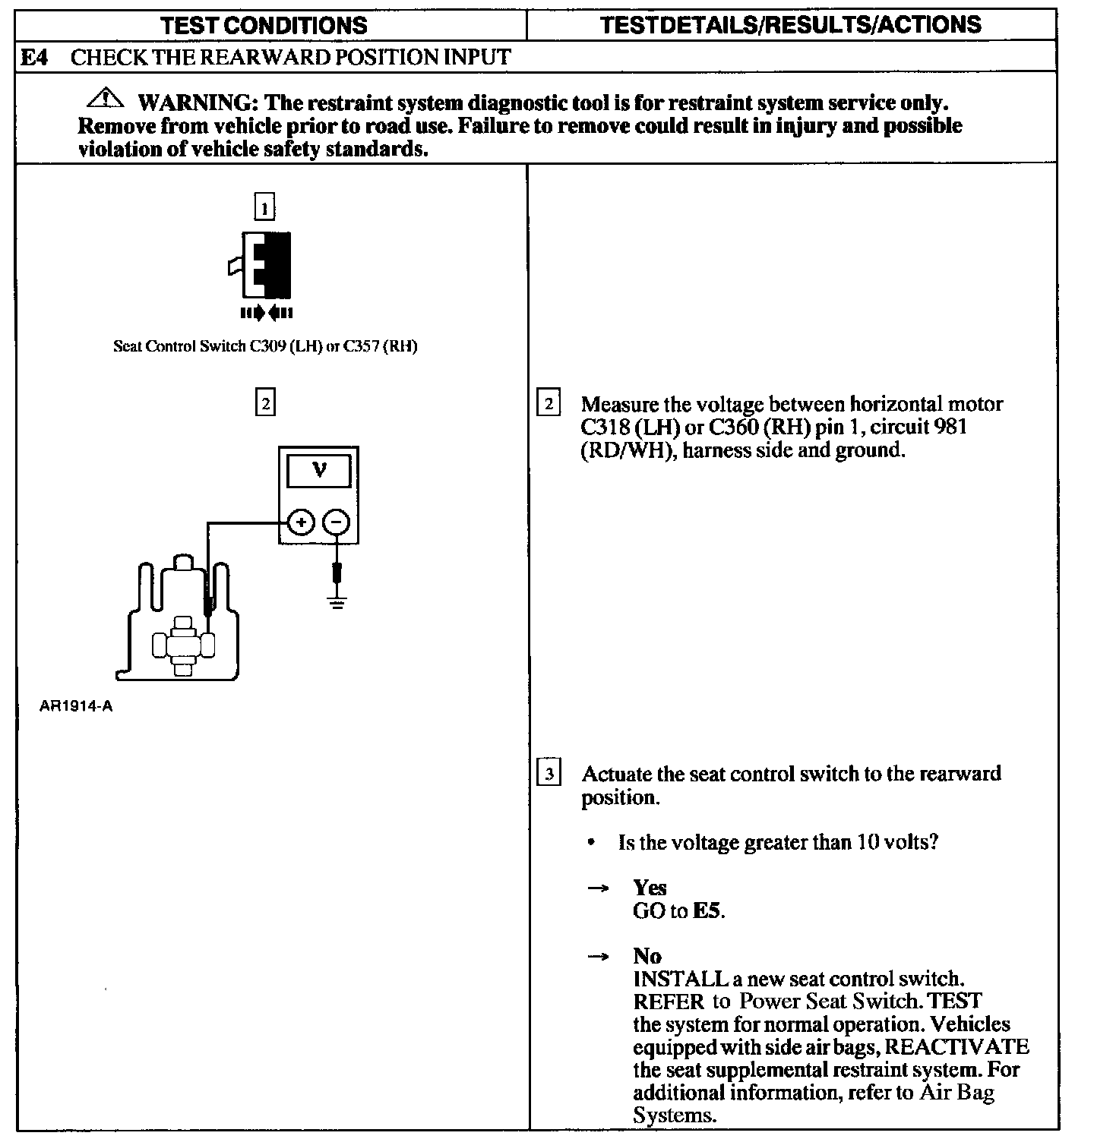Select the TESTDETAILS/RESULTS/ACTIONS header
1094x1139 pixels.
tap(790, 24)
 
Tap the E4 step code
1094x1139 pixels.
tap(33, 57)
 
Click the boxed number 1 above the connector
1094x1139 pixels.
tap(264, 207)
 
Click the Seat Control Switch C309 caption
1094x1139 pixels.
tap(265, 347)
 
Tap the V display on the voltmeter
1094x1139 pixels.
tap(319, 471)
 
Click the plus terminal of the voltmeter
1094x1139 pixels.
tap(302, 522)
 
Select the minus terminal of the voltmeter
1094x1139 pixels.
tap(337, 522)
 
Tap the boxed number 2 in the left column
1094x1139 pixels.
tap(264, 402)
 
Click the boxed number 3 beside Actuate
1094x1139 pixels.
tap(549, 775)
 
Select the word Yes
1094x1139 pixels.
tap(650, 888)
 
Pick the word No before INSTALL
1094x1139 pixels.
tap(647, 956)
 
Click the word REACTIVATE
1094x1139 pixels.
tap(957, 1047)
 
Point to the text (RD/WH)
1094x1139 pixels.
tap(626, 450)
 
